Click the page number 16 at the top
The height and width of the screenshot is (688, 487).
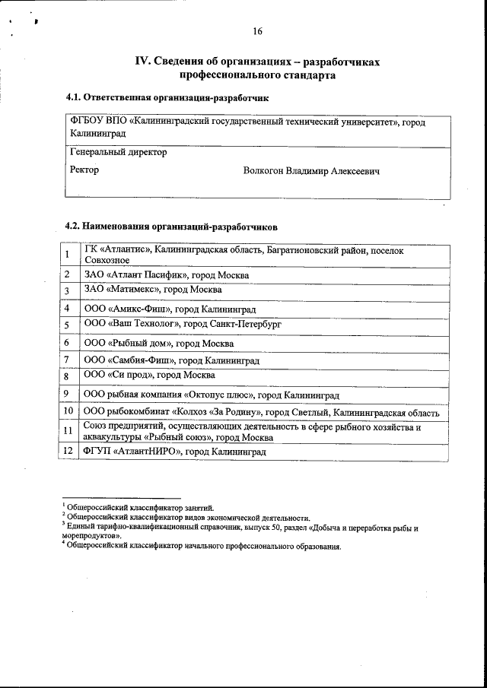257,31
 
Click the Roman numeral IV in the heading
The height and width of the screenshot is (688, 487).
142,62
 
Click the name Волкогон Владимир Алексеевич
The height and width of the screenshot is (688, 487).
311,171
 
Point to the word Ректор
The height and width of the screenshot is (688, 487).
84,170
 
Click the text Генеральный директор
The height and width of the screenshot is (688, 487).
118,152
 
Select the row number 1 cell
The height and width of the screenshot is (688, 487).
68,255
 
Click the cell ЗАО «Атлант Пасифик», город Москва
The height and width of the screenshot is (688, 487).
167,275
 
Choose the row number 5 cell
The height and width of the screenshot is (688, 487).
68,325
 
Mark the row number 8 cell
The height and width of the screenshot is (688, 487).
68,376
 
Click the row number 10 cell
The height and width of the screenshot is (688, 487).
68,411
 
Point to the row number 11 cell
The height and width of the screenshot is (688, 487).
68,431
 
